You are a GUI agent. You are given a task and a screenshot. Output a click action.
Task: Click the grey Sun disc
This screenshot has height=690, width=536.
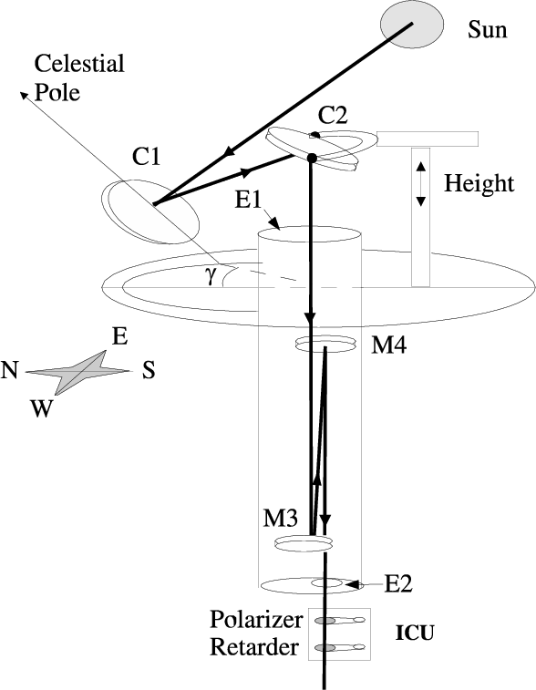[412, 25]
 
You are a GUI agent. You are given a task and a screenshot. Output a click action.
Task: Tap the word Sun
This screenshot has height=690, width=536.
[487, 30]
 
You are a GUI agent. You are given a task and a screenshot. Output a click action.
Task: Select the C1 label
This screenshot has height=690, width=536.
[147, 157]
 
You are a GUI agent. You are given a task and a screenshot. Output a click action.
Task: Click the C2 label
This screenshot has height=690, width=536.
[333, 115]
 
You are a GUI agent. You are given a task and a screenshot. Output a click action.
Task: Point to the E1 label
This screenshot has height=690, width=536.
[249, 200]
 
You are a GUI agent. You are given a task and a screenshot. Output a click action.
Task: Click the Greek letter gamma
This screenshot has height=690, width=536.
[212, 275]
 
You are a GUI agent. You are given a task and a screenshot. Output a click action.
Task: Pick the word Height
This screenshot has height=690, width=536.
[479, 183]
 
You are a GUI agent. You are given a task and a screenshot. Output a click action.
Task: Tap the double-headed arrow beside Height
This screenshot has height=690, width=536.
[421, 184]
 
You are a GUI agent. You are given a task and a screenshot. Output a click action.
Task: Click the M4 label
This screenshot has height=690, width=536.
[389, 345]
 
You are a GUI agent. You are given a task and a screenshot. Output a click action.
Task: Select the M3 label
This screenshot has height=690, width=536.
[281, 518]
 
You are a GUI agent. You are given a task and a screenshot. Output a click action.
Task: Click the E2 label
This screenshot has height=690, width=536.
[398, 584]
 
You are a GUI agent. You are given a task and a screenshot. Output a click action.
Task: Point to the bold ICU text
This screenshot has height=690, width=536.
[415, 633]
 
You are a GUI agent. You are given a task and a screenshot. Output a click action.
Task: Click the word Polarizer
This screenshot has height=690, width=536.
[256, 620]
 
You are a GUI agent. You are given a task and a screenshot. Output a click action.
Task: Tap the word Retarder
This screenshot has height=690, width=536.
[254, 647]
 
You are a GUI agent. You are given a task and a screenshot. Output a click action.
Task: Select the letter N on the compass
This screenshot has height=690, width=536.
[9, 370]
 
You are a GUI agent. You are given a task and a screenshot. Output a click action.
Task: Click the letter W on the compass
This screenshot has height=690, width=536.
[41, 408]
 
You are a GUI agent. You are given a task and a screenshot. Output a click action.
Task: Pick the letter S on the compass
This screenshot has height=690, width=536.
[149, 370]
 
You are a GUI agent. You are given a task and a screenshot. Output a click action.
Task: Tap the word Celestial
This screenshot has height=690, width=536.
[79, 64]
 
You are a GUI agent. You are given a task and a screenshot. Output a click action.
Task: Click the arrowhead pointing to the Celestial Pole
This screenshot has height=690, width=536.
[25, 95]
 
